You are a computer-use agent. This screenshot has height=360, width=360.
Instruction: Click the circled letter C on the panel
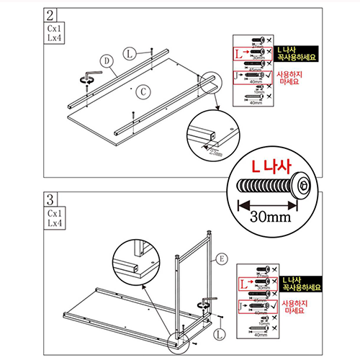click(144, 90)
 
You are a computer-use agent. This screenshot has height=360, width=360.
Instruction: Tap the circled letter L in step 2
click(128, 53)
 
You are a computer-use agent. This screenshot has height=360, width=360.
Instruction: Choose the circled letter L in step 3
click(220, 333)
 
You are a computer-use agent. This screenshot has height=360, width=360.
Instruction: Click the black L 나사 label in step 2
click(296, 50)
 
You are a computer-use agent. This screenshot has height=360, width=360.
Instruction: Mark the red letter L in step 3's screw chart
click(240, 284)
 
